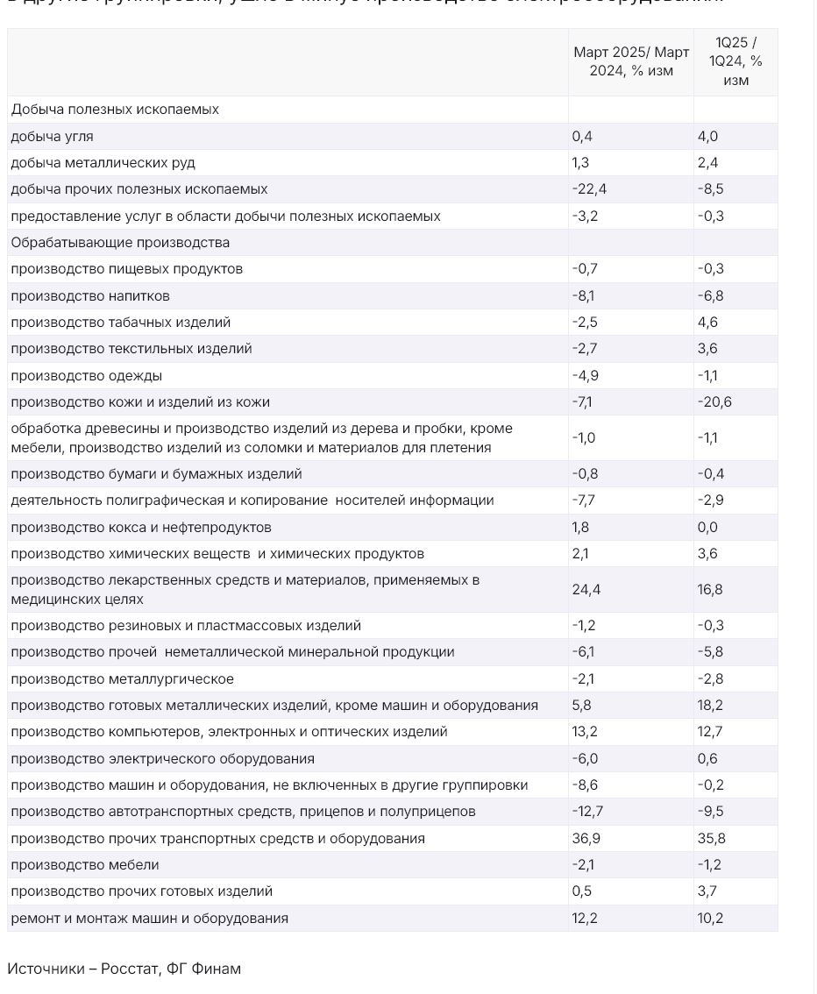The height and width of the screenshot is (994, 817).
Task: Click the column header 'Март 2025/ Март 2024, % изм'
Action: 630,61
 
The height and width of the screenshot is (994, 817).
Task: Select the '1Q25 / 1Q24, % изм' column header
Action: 735,61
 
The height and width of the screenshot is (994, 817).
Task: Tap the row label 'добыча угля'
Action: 52,136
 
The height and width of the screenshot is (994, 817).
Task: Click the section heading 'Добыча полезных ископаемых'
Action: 115,110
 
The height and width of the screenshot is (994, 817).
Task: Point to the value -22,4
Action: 589,189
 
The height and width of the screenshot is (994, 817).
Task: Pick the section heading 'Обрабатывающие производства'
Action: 120,243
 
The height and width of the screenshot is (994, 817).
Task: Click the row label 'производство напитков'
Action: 90,295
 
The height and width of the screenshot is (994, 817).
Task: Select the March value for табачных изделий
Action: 585,323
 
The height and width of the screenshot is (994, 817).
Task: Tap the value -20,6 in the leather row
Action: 714,402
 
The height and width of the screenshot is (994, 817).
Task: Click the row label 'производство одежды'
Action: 86,375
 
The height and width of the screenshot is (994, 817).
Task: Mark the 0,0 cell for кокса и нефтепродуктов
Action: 707,528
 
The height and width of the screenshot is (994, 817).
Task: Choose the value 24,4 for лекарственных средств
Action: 586,590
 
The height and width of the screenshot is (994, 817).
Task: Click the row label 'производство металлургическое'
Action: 122,679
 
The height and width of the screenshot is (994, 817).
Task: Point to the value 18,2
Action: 710,706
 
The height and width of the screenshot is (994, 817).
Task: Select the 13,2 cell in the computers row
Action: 585,732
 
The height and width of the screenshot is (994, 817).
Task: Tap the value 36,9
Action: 586,839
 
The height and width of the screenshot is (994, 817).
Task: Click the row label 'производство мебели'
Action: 85,865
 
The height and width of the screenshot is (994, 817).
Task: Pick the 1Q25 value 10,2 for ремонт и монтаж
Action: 710,919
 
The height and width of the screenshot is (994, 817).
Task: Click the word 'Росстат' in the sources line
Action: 130,969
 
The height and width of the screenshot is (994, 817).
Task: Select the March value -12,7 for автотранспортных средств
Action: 587,812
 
